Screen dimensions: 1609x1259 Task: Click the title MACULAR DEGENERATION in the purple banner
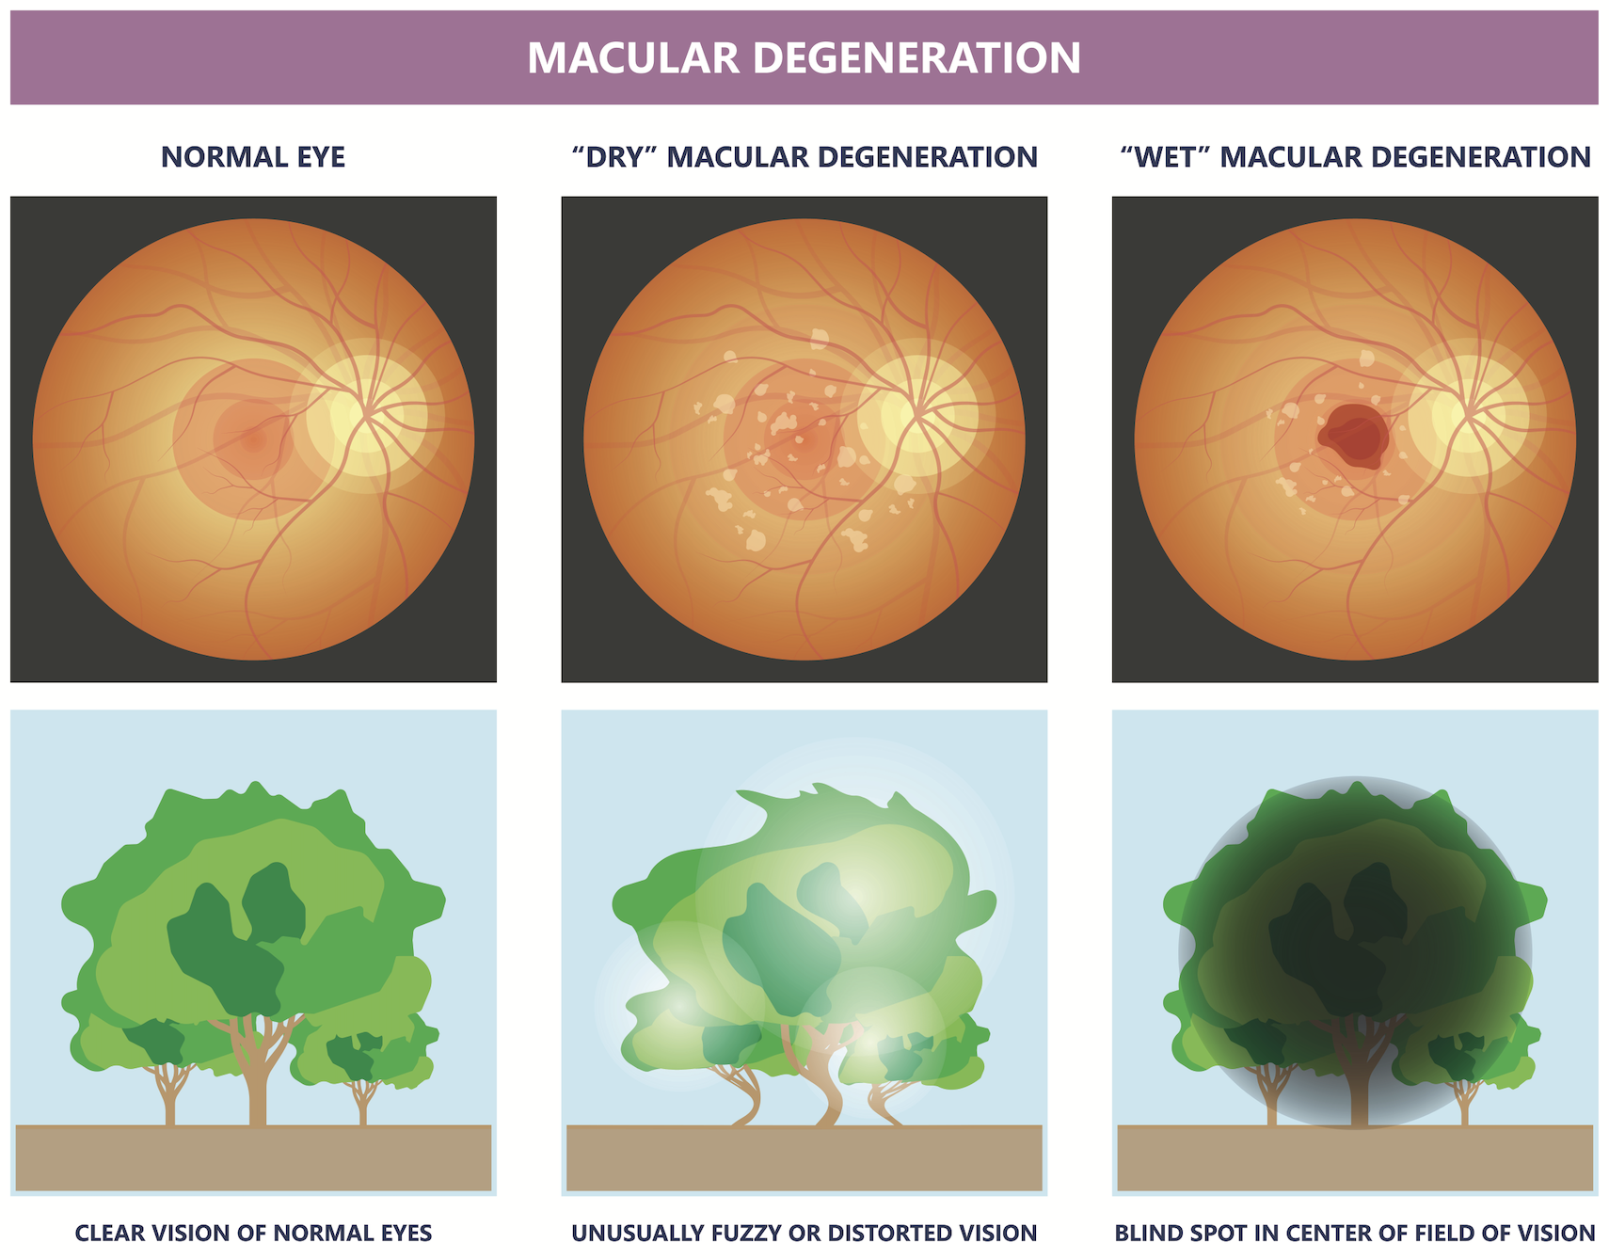[x=804, y=58]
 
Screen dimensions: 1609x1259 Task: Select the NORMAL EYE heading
[x=253, y=156]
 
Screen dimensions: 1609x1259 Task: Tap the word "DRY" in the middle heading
[x=616, y=156]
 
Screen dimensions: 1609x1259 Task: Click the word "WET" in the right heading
[x=1164, y=156]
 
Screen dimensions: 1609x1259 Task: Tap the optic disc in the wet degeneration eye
[x=1467, y=414]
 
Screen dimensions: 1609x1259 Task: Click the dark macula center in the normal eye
[x=252, y=438]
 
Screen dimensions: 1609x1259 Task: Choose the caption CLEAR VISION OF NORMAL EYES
[x=253, y=1233]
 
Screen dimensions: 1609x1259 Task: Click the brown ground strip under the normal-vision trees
[x=253, y=1157]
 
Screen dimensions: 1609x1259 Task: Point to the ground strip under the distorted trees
[x=804, y=1157]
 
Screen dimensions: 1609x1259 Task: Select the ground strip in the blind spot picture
[x=1355, y=1157]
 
